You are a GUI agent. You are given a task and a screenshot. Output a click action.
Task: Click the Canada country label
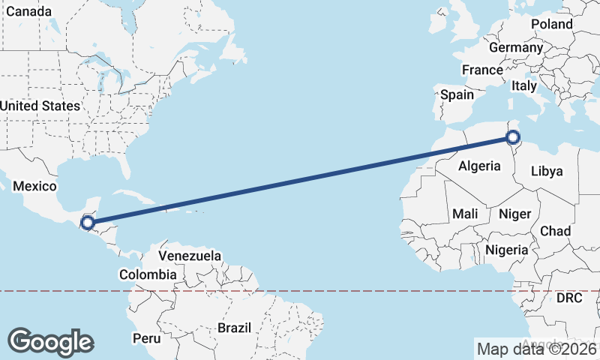[x=26, y=12]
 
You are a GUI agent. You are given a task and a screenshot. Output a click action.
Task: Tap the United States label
[x=40, y=106]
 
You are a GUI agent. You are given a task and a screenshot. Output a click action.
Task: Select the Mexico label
[x=35, y=186]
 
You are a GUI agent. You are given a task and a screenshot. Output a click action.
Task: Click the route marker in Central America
[x=88, y=222]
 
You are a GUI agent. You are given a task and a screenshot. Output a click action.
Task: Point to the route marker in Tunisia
[x=513, y=136]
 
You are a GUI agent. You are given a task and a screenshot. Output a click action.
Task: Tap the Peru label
[x=146, y=338]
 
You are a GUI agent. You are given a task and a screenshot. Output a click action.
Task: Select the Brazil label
[x=233, y=328]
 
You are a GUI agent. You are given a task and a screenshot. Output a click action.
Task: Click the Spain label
[x=457, y=95]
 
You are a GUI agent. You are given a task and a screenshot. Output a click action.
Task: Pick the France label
[x=482, y=70]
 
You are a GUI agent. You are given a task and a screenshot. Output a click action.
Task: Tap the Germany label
[x=515, y=47]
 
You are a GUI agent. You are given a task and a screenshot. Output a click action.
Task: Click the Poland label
[x=551, y=24]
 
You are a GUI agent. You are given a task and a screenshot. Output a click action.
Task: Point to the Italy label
[x=524, y=86]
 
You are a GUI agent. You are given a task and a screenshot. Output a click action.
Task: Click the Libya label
[x=546, y=171]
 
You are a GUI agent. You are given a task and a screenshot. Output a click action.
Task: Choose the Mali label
[x=465, y=214]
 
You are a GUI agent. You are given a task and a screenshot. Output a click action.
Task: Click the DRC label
[x=569, y=298]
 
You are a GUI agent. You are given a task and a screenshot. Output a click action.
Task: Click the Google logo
[x=50, y=342]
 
